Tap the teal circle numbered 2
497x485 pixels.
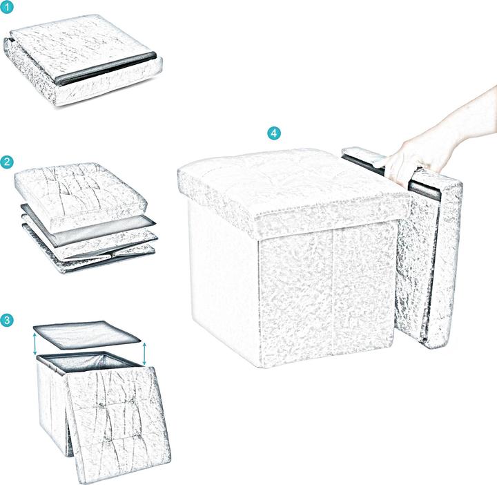point(8,162)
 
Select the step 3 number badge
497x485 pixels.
point(8,320)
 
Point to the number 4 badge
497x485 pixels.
point(275,133)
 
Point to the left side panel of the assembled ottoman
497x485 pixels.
point(221,276)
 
